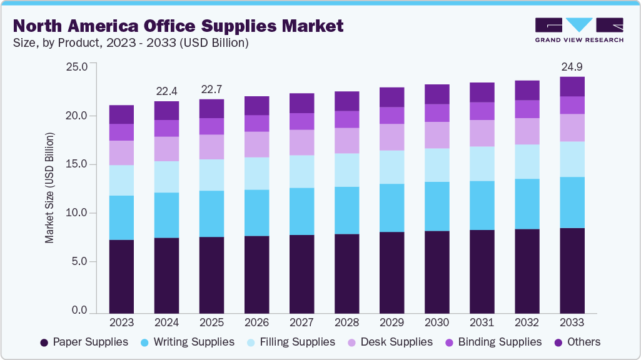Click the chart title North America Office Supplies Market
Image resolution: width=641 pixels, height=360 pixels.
(x=178, y=26)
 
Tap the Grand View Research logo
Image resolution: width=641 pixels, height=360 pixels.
(x=578, y=30)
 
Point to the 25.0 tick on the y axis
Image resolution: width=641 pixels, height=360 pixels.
(x=78, y=67)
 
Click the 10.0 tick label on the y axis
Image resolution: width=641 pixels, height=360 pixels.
(x=78, y=213)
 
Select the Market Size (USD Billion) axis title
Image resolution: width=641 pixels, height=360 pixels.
(x=49, y=188)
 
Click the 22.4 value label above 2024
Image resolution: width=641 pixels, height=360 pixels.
(x=166, y=91)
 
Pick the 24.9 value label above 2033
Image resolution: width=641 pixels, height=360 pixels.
(x=572, y=67)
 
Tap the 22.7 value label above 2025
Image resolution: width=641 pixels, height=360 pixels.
(x=211, y=89)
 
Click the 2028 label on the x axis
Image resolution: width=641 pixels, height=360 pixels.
(x=346, y=322)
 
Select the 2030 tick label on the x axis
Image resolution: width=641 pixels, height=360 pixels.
(x=437, y=322)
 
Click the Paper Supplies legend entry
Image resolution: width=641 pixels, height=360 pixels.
(x=84, y=342)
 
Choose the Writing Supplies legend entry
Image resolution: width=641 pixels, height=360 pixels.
(x=186, y=342)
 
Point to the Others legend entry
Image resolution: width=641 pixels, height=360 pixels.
(x=577, y=342)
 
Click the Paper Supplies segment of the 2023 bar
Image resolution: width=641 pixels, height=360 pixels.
(x=121, y=276)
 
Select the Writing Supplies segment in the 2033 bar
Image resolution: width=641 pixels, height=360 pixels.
(x=572, y=202)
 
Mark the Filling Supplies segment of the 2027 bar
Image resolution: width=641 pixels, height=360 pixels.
(x=301, y=171)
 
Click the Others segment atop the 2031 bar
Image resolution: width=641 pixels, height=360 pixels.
(x=482, y=92)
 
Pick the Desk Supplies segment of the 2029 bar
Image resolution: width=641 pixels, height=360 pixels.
(x=391, y=137)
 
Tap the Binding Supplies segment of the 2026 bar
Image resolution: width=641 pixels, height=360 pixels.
(x=256, y=123)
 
